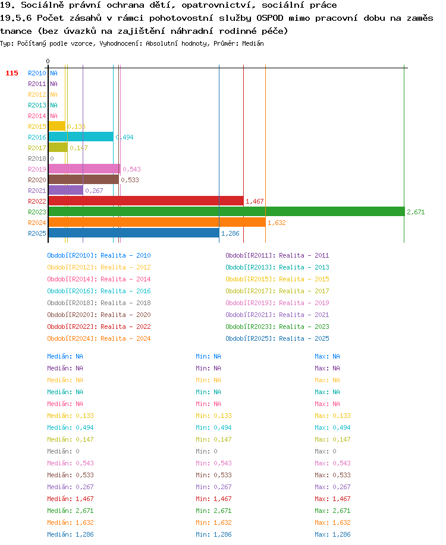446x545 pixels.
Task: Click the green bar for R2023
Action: [227, 211]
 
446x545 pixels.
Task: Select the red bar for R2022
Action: [146, 201]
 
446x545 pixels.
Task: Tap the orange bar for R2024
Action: [157, 222]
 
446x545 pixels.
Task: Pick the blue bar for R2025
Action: [134, 233]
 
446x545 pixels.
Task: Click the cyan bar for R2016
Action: [81, 137]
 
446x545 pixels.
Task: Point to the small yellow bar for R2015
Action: [56, 126]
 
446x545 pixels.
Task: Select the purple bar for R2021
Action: [66, 190]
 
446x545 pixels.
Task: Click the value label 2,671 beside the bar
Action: [416, 212]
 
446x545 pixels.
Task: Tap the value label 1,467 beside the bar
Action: [255, 201]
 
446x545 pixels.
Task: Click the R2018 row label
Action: [37, 159]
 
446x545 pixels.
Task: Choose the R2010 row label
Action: [37, 73]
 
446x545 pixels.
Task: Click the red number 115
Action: [12, 73]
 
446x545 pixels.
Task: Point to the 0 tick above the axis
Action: [48, 61]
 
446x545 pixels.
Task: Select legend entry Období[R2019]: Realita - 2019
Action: [277, 303]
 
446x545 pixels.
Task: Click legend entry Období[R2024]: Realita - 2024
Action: [99, 338]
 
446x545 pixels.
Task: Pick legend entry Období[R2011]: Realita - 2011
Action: [277, 255]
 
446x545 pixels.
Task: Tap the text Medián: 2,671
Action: [70, 511]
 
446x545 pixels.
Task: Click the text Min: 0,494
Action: [213, 427]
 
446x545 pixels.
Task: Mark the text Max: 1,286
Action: [332, 534]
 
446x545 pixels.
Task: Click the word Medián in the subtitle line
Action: [253, 43]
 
